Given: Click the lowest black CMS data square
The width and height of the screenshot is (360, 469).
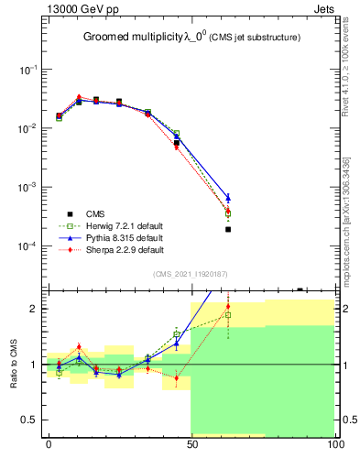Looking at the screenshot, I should (228, 230).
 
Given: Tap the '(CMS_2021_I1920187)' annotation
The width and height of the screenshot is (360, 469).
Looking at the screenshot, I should (190, 273).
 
